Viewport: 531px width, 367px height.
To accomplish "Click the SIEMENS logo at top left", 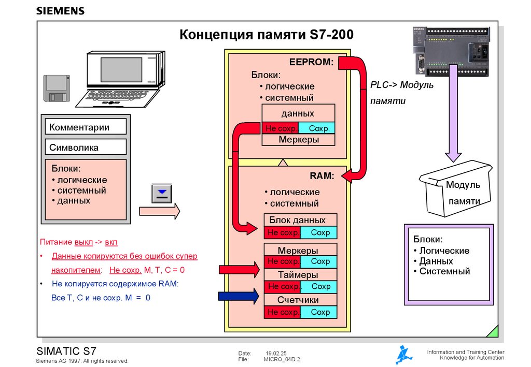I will [x=60, y=11].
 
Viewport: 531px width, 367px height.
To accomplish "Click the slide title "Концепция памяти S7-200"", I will [x=266, y=35].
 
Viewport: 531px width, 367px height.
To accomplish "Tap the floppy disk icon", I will [x=56, y=88].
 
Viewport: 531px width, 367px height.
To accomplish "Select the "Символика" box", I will [x=86, y=147].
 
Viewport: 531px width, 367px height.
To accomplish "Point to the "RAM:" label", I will [x=322, y=176].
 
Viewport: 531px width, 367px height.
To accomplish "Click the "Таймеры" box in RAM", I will [x=300, y=275].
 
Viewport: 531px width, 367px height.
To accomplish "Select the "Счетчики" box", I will [x=300, y=300].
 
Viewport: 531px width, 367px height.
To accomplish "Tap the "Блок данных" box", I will [x=300, y=220].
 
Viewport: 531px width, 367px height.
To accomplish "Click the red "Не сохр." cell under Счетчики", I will [x=282, y=312].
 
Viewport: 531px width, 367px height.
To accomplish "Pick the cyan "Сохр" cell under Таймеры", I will [x=319, y=287].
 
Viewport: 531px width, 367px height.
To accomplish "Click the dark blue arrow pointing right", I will [x=238, y=296].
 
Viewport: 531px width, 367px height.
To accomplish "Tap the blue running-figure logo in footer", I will [x=404, y=355].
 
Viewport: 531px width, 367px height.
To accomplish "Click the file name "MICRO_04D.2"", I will [x=282, y=359].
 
